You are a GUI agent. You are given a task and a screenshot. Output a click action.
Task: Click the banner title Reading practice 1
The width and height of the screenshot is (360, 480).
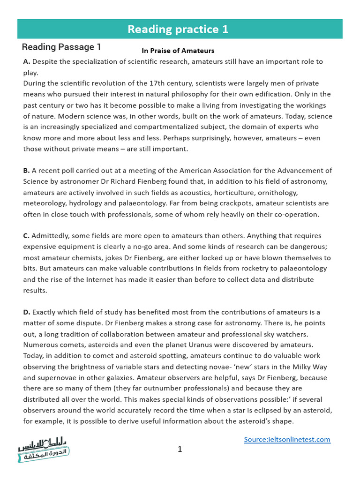pos(178,29)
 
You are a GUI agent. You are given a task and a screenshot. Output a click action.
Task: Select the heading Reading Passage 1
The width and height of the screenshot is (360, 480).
pos(61,47)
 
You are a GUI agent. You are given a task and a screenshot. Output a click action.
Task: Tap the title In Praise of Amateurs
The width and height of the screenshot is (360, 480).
pos(178,51)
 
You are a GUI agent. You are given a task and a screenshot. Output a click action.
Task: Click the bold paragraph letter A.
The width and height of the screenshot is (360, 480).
pos(27,62)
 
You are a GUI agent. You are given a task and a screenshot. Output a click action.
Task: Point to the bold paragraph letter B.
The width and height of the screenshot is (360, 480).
pos(27,171)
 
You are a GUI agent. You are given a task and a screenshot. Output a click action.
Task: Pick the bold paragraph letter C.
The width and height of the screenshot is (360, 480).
pos(27,236)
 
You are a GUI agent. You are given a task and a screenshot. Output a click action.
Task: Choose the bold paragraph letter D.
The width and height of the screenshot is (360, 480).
pos(27,312)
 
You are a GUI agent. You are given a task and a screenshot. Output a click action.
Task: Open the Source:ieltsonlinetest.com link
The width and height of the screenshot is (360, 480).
pos(287,440)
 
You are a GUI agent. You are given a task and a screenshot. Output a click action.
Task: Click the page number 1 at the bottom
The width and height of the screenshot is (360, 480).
pos(180,450)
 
